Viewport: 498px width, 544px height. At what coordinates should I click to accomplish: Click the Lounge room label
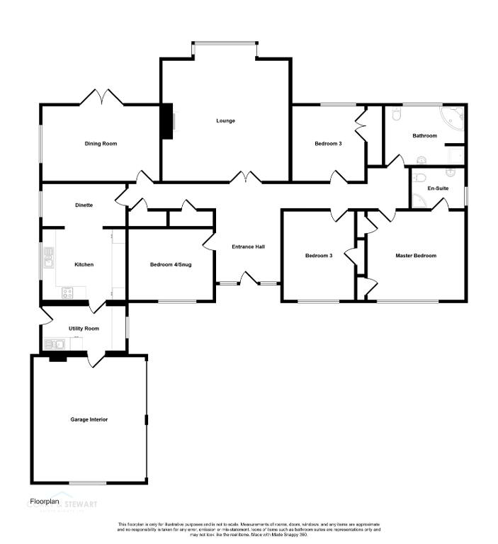tap(225, 120)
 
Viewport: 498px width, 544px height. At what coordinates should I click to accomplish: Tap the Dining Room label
tap(101, 144)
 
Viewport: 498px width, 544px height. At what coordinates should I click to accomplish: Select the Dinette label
tap(84, 205)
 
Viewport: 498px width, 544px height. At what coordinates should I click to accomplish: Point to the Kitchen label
tap(84, 264)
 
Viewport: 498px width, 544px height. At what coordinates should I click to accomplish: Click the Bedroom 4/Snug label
tap(171, 265)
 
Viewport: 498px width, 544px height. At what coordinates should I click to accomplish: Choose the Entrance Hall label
tap(248, 246)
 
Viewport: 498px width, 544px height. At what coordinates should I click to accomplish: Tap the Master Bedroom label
tap(416, 256)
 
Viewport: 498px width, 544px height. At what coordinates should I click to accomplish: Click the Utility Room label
tap(84, 329)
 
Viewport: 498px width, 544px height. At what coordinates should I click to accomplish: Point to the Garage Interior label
tap(89, 419)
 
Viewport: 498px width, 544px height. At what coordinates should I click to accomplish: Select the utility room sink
tap(55, 345)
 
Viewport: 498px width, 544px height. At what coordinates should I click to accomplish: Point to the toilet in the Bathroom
tap(396, 114)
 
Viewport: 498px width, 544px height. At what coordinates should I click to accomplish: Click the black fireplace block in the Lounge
tap(166, 121)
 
